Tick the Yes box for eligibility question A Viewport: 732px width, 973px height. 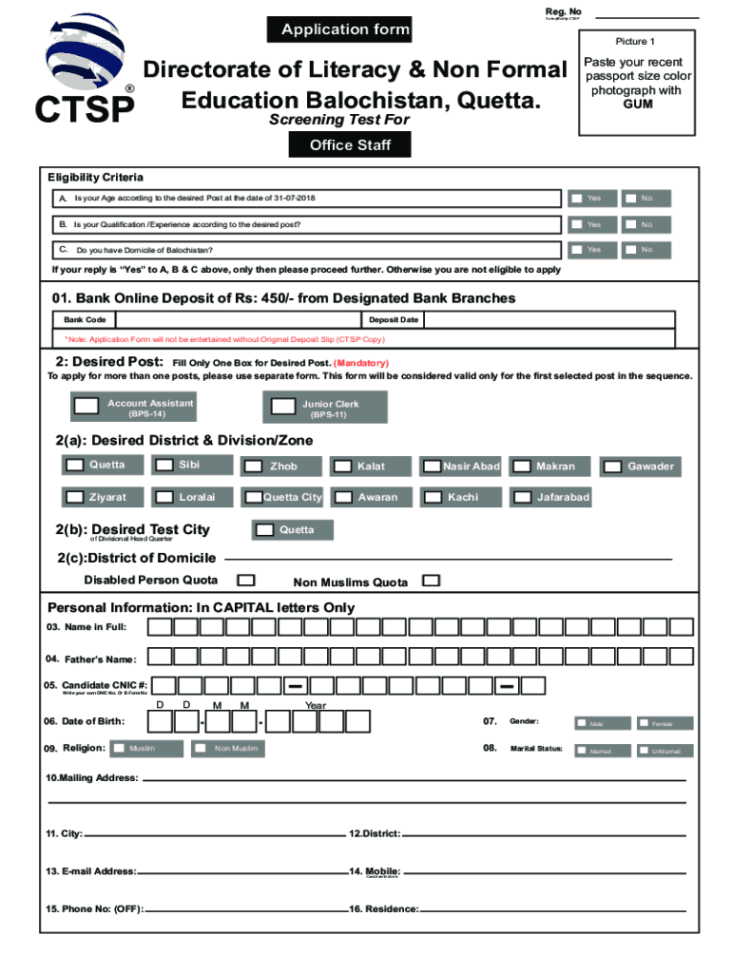coord(577,199)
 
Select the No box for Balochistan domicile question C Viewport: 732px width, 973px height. coord(631,249)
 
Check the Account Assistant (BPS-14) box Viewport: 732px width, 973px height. coord(86,406)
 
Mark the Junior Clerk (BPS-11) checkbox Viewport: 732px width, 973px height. coord(282,406)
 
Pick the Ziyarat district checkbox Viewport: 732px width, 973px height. coord(74,497)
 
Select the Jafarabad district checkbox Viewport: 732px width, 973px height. coord(521,497)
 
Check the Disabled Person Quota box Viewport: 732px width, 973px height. coord(245,580)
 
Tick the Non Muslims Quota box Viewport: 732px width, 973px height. coord(431,580)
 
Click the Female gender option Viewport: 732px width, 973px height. coord(645,724)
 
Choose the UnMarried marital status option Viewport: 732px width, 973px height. coord(645,751)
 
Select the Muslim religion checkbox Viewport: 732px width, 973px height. coord(119,749)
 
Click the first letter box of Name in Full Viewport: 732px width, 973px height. coord(160,627)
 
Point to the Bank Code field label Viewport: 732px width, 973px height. coord(85,320)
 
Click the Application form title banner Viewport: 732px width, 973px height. coord(345,29)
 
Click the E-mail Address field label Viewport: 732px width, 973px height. coord(90,870)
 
